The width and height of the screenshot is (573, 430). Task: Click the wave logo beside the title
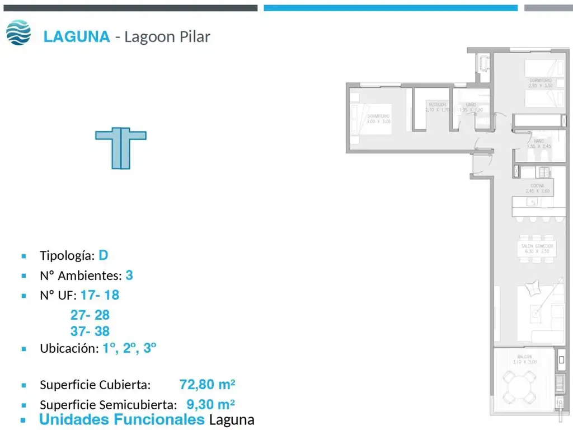point(18,32)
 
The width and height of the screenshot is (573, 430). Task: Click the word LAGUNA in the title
point(77,37)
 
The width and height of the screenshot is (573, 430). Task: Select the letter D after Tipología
point(103,255)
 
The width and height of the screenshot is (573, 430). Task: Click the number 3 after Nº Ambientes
point(129,275)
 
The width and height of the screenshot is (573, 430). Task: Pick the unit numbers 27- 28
point(90,315)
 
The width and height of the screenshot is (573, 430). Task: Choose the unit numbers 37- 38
point(90,331)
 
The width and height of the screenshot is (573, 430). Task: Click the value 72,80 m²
point(207,385)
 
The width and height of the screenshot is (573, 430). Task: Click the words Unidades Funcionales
point(121,419)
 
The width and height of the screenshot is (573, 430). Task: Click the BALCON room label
point(524,357)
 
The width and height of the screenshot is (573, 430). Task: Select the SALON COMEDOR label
point(537,249)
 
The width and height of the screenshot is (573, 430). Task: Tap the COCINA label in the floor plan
point(537,188)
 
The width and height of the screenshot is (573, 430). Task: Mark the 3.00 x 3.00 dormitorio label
point(379,119)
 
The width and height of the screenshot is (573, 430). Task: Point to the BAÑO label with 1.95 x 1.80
point(471,107)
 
